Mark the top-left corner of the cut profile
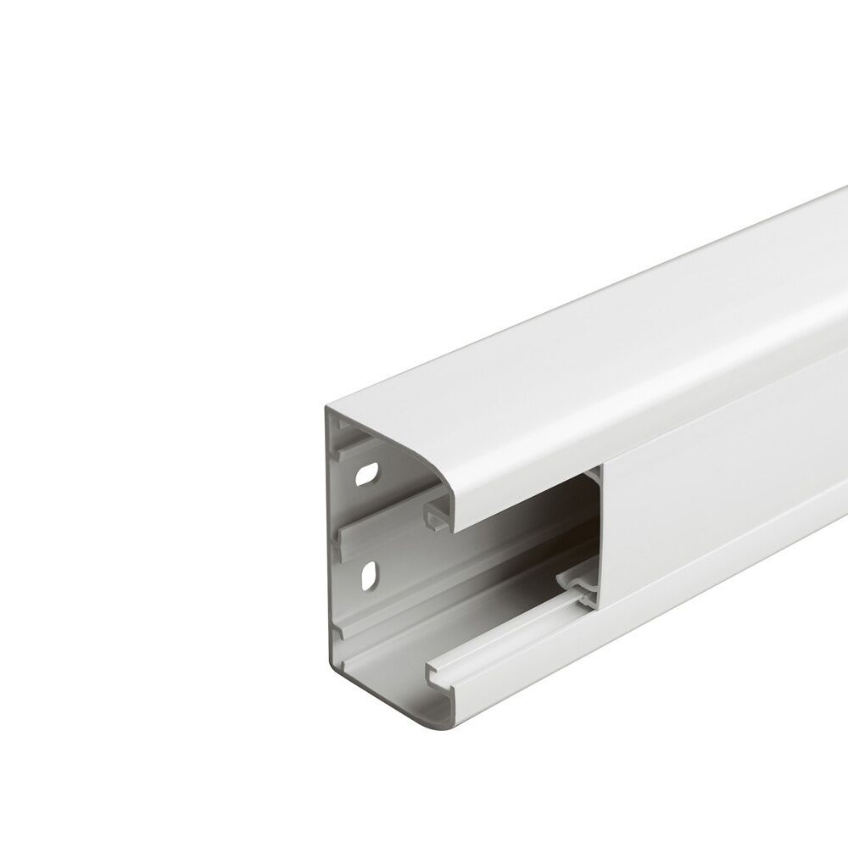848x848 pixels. coord(326,409)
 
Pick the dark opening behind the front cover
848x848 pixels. coord(526,509)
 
